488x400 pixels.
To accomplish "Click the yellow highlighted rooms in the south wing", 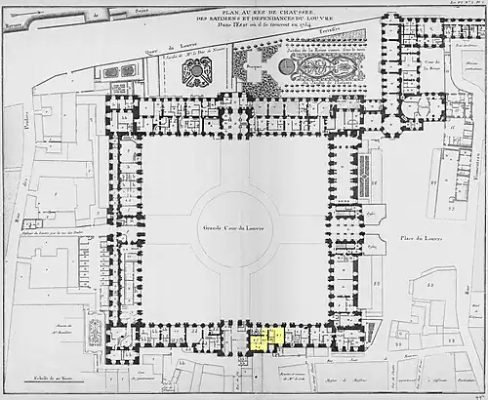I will (266, 339).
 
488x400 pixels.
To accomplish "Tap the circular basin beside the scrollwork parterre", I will (285, 66).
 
